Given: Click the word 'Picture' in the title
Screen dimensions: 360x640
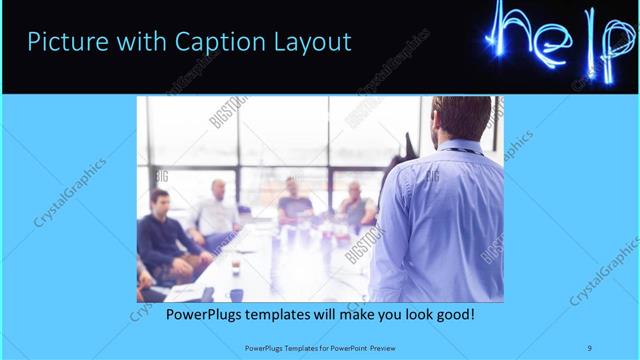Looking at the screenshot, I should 64,42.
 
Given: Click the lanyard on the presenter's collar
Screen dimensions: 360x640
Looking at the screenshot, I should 461,151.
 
